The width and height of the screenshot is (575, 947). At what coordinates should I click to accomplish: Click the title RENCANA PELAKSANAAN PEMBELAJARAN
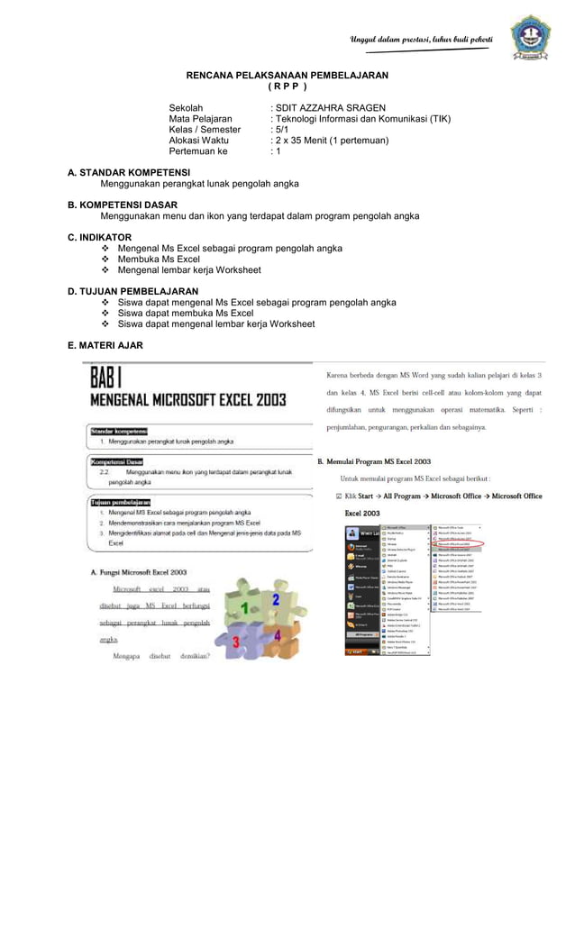(x=287, y=75)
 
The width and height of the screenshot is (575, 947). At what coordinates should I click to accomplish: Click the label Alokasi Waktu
(x=199, y=141)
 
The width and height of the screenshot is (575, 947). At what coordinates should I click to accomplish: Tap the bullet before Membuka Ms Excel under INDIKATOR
(x=106, y=260)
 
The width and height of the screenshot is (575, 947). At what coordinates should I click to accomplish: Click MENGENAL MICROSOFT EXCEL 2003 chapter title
(x=187, y=400)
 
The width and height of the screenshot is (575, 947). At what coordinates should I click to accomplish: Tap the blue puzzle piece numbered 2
(x=275, y=599)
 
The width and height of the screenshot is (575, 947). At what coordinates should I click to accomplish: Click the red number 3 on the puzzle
(x=236, y=641)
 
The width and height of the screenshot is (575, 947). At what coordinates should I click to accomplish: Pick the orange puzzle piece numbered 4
(x=277, y=636)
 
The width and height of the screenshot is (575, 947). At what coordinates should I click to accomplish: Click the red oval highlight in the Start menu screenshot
(x=461, y=544)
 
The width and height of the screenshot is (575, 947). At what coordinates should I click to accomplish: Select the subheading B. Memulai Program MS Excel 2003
(x=374, y=461)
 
